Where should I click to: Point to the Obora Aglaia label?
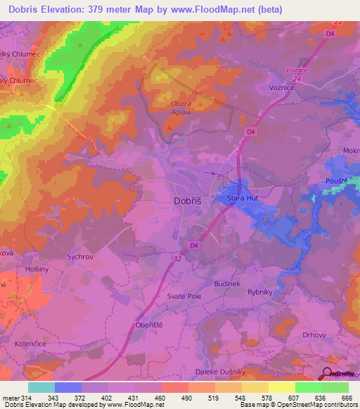click(181, 107)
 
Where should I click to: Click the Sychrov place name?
click(80, 257)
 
